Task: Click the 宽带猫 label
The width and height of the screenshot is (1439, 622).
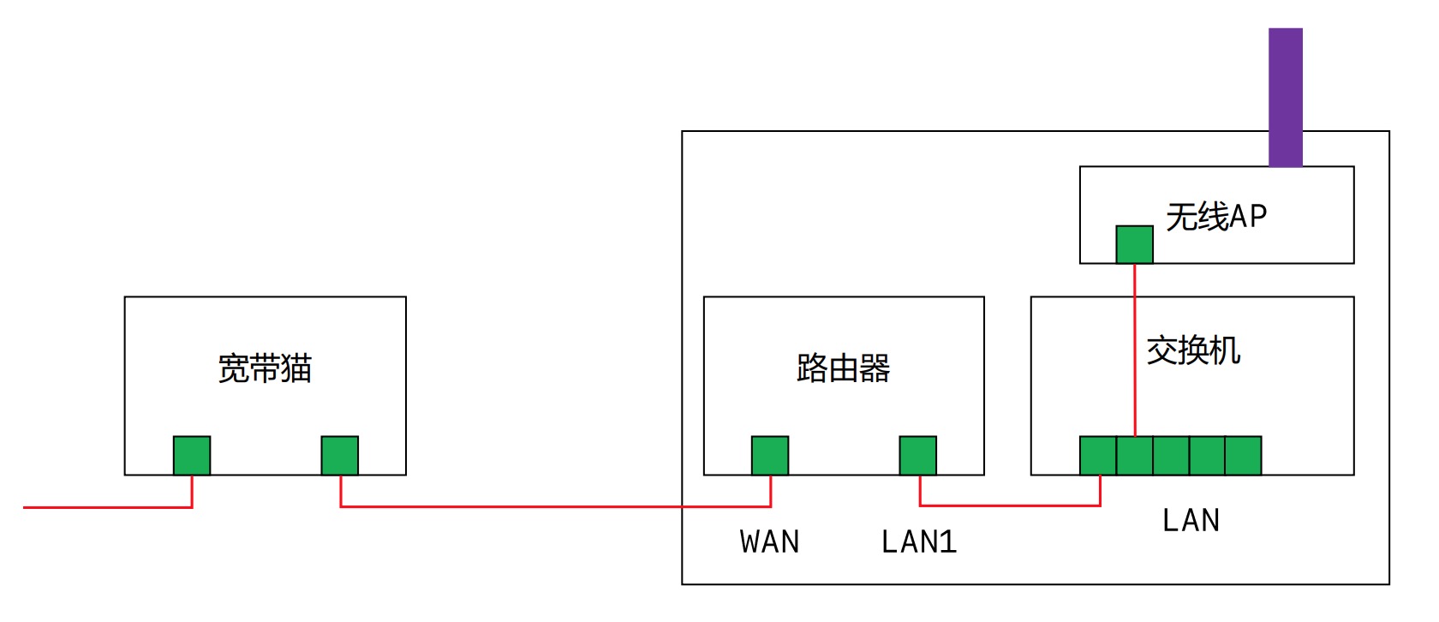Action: (265, 368)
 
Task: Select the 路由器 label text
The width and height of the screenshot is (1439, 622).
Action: (843, 368)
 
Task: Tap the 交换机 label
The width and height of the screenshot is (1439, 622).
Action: (1193, 350)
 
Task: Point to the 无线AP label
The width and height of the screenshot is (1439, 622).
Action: (1216, 217)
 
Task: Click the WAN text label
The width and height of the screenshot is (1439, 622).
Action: (769, 542)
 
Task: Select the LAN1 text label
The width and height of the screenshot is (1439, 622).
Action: (918, 542)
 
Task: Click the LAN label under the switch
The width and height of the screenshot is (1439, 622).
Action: (1191, 520)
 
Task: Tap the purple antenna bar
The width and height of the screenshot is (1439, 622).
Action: (1285, 96)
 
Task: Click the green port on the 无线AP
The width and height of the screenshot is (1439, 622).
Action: (1134, 244)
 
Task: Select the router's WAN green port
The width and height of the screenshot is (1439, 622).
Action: (769, 455)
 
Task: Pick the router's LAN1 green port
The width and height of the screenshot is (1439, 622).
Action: (917, 455)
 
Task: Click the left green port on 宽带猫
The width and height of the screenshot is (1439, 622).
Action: (192, 455)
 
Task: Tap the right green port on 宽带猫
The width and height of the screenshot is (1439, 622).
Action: (339, 455)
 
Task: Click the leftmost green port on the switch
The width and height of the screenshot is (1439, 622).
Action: (1098, 455)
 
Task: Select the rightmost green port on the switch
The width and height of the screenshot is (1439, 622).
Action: (1243, 455)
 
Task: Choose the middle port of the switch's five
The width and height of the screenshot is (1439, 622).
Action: (1171, 455)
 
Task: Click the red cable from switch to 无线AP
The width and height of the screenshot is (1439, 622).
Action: (1135, 343)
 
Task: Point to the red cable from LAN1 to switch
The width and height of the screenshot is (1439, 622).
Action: (1011, 505)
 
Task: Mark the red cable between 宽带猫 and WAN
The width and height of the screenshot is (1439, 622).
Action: (557, 506)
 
